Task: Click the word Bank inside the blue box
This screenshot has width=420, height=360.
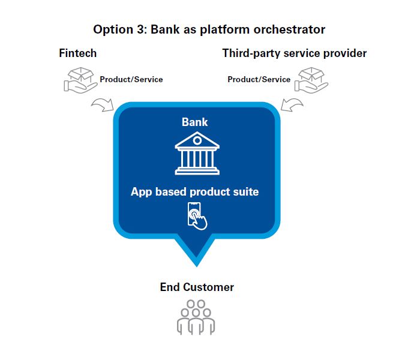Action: tap(195, 122)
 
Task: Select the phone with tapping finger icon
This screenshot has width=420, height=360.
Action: tap(197, 216)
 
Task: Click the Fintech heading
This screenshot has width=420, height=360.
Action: tap(77, 53)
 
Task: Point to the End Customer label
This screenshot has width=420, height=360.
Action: tap(197, 287)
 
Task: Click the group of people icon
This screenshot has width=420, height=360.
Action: tap(196, 317)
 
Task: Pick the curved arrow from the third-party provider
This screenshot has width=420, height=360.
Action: tap(292, 106)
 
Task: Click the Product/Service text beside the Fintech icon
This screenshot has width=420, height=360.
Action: tap(131, 79)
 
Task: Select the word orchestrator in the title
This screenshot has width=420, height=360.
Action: tap(293, 29)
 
